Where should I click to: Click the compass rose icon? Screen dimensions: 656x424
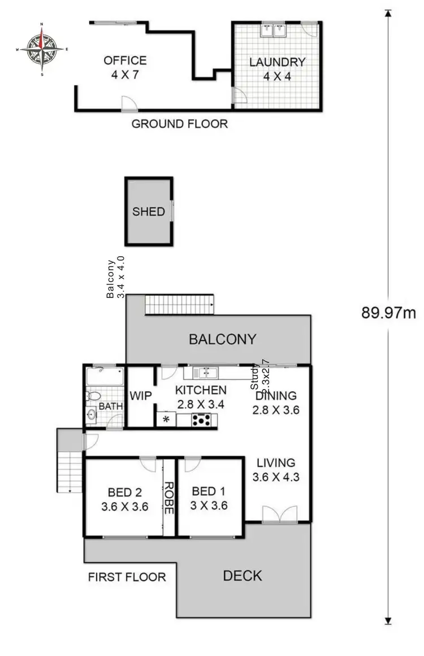click(x=42, y=49)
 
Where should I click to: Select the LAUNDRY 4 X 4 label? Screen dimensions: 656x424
click(x=277, y=68)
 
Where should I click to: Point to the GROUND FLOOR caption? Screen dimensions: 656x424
click(x=179, y=124)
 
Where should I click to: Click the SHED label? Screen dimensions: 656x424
click(x=149, y=212)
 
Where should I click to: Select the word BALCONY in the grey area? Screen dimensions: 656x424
click(x=222, y=339)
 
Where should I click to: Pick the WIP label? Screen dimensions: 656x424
click(x=140, y=396)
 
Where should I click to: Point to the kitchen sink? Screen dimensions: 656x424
click(x=205, y=372)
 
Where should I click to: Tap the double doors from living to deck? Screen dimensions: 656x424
click(x=279, y=513)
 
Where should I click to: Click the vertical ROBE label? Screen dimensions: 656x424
click(x=168, y=498)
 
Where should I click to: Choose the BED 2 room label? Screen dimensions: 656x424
click(x=124, y=499)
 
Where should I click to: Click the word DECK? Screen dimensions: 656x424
click(x=243, y=576)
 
